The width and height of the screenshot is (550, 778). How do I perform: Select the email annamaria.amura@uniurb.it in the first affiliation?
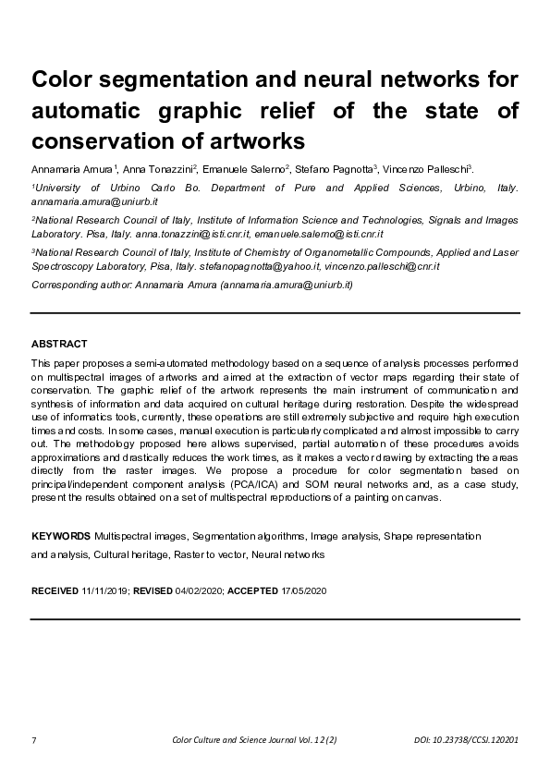point(85,201)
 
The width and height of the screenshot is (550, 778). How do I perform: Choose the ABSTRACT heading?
point(59,344)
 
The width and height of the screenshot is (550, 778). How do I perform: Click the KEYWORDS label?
point(61,536)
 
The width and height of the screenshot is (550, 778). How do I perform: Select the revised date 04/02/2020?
point(200,590)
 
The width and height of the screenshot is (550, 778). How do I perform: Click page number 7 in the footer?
point(34,742)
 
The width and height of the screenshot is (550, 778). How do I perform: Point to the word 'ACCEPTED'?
point(252,590)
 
